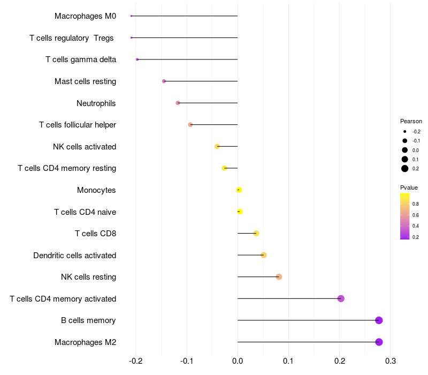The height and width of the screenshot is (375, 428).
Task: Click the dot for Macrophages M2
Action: tap(379, 342)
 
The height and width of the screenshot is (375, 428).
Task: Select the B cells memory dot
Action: tap(379, 320)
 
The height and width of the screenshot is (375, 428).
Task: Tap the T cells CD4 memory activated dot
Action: tap(341, 298)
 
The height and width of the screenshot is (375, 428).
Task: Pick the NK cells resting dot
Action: tap(279, 277)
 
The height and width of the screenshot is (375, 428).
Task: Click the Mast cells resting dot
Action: tap(164, 81)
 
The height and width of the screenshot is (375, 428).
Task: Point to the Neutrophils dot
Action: tap(178, 103)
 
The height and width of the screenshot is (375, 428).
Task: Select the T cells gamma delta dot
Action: tap(137, 59)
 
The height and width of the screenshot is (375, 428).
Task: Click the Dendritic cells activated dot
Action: tap(263, 255)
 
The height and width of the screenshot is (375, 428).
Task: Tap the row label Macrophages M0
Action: tap(85, 16)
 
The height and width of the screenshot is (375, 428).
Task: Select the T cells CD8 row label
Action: tap(95, 234)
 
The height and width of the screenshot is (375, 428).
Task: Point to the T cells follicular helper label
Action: tap(78, 125)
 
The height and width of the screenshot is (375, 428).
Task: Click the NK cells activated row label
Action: tap(85, 147)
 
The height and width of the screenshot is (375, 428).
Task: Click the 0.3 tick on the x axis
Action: tap(391, 360)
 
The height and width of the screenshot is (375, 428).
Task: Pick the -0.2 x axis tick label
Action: tap(135, 360)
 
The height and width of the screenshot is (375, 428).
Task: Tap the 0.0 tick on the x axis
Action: tap(238, 360)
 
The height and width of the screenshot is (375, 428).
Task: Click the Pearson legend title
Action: tap(411, 121)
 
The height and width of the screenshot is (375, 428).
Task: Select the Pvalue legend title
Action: tap(409, 187)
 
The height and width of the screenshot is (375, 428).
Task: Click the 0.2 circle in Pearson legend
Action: tap(405, 169)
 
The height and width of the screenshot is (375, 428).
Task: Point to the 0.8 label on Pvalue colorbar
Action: tap(416, 204)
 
